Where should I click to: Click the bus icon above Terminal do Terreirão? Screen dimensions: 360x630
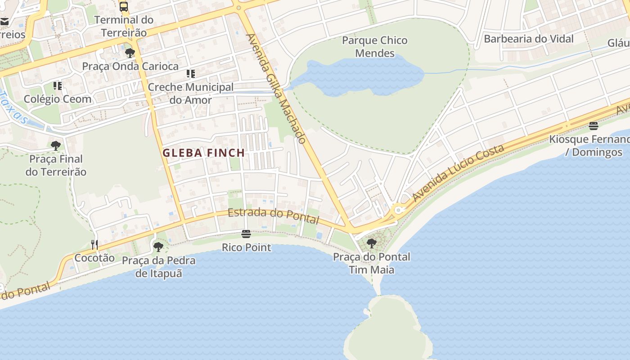tap(124, 6)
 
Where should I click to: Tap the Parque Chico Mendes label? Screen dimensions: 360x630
tap(374, 47)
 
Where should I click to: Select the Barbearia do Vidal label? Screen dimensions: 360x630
tap(528, 39)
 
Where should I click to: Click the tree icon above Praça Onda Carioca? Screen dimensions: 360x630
tap(130, 53)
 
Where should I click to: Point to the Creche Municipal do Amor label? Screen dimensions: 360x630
tap(190, 93)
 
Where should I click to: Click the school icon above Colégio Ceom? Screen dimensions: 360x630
tap(58, 85)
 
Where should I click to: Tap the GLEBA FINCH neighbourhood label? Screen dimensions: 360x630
tap(203, 153)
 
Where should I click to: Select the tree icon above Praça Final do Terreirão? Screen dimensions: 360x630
tap(56, 146)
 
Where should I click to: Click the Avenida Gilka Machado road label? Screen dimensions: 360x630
tap(276, 89)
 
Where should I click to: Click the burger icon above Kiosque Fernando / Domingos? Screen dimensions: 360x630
tap(594, 126)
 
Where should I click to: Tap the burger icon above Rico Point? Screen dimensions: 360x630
tap(246, 234)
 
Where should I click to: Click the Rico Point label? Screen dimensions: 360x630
tap(247, 247)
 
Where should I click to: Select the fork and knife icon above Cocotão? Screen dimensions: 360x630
tap(94, 244)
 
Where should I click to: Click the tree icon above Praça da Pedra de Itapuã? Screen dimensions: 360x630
tap(158, 247)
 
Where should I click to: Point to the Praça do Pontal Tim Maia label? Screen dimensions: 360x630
tap(372, 263)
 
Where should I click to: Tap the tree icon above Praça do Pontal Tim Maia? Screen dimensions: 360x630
tap(372, 243)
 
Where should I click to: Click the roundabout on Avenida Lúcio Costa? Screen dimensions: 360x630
tap(398, 210)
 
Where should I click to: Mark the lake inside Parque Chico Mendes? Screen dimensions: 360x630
tap(360, 76)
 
